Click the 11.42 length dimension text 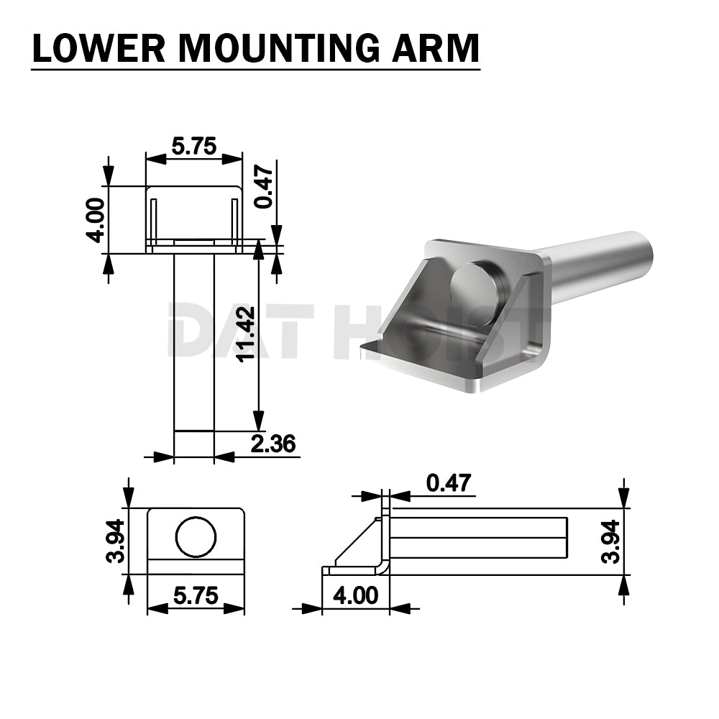[x=245, y=334]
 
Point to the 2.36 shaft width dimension [x=273, y=444]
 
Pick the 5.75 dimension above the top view [x=194, y=146]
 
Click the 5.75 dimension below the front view [x=196, y=596]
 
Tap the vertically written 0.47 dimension [x=265, y=187]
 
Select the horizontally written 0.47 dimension [x=449, y=482]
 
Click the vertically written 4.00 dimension [x=96, y=220]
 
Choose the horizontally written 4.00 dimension [x=354, y=596]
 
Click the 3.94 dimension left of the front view [x=115, y=541]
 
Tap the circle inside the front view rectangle [x=196, y=536]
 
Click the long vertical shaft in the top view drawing [x=194, y=342]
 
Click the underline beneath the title [x=255, y=70]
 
